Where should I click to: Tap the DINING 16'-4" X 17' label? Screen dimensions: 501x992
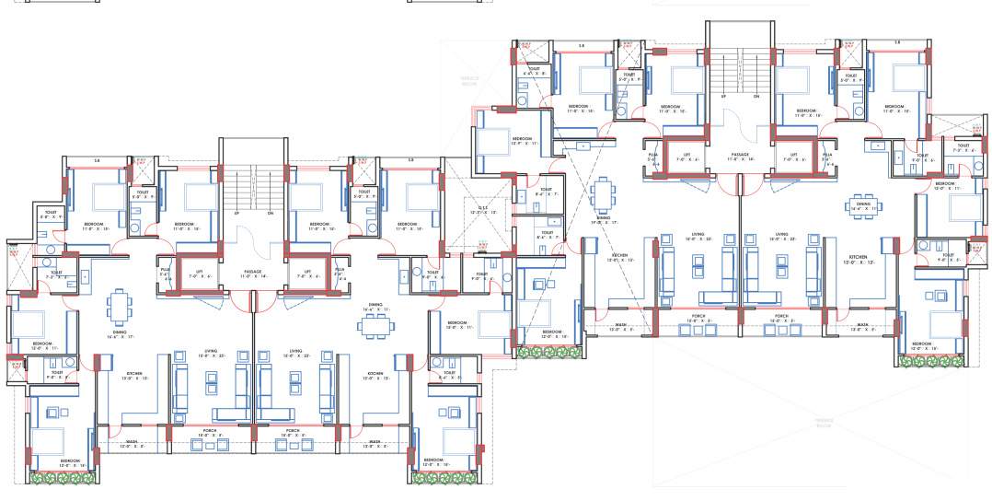(x=120, y=334)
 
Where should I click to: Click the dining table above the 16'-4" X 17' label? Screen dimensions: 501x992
(x=120, y=304)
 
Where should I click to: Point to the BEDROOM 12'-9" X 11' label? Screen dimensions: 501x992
(x=497, y=141)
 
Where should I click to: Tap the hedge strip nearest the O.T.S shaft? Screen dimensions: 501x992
(x=545, y=351)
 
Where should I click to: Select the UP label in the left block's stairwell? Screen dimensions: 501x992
(x=236, y=213)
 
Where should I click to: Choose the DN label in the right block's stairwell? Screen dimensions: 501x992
(x=756, y=95)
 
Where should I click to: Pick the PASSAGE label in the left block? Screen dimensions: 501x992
(x=253, y=272)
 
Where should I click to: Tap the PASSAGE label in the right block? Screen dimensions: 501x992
(x=740, y=154)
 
